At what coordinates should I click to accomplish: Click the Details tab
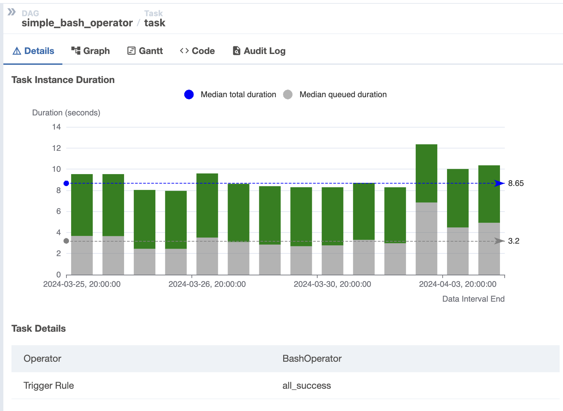coord(33,51)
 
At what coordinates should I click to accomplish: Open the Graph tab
coord(91,51)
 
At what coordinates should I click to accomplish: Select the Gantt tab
coord(145,51)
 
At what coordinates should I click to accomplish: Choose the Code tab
coord(198,51)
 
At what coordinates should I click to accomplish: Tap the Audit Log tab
coord(259,51)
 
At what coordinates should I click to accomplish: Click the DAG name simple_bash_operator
coord(77,23)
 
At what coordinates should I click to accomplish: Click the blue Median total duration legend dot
coord(189,94)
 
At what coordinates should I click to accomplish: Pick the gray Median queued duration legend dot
coord(288,94)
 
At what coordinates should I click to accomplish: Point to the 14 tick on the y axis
coord(57,127)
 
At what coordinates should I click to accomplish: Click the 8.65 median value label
coord(516,184)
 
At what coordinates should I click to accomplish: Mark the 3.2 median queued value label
coord(514,241)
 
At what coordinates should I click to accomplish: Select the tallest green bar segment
coord(426,173)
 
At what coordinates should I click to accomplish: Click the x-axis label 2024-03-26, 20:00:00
coord(207,284)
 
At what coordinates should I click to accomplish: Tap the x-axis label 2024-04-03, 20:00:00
coord(457,284)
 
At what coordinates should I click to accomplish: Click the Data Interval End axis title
coord(473,299)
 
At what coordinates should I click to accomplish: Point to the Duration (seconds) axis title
coord(66,113)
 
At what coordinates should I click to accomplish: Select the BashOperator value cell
coord(312,359)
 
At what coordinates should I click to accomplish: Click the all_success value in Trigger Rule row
coord(306,386)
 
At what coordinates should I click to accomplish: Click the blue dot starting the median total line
coord(66,184)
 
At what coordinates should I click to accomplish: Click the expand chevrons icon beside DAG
coord(12,12)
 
